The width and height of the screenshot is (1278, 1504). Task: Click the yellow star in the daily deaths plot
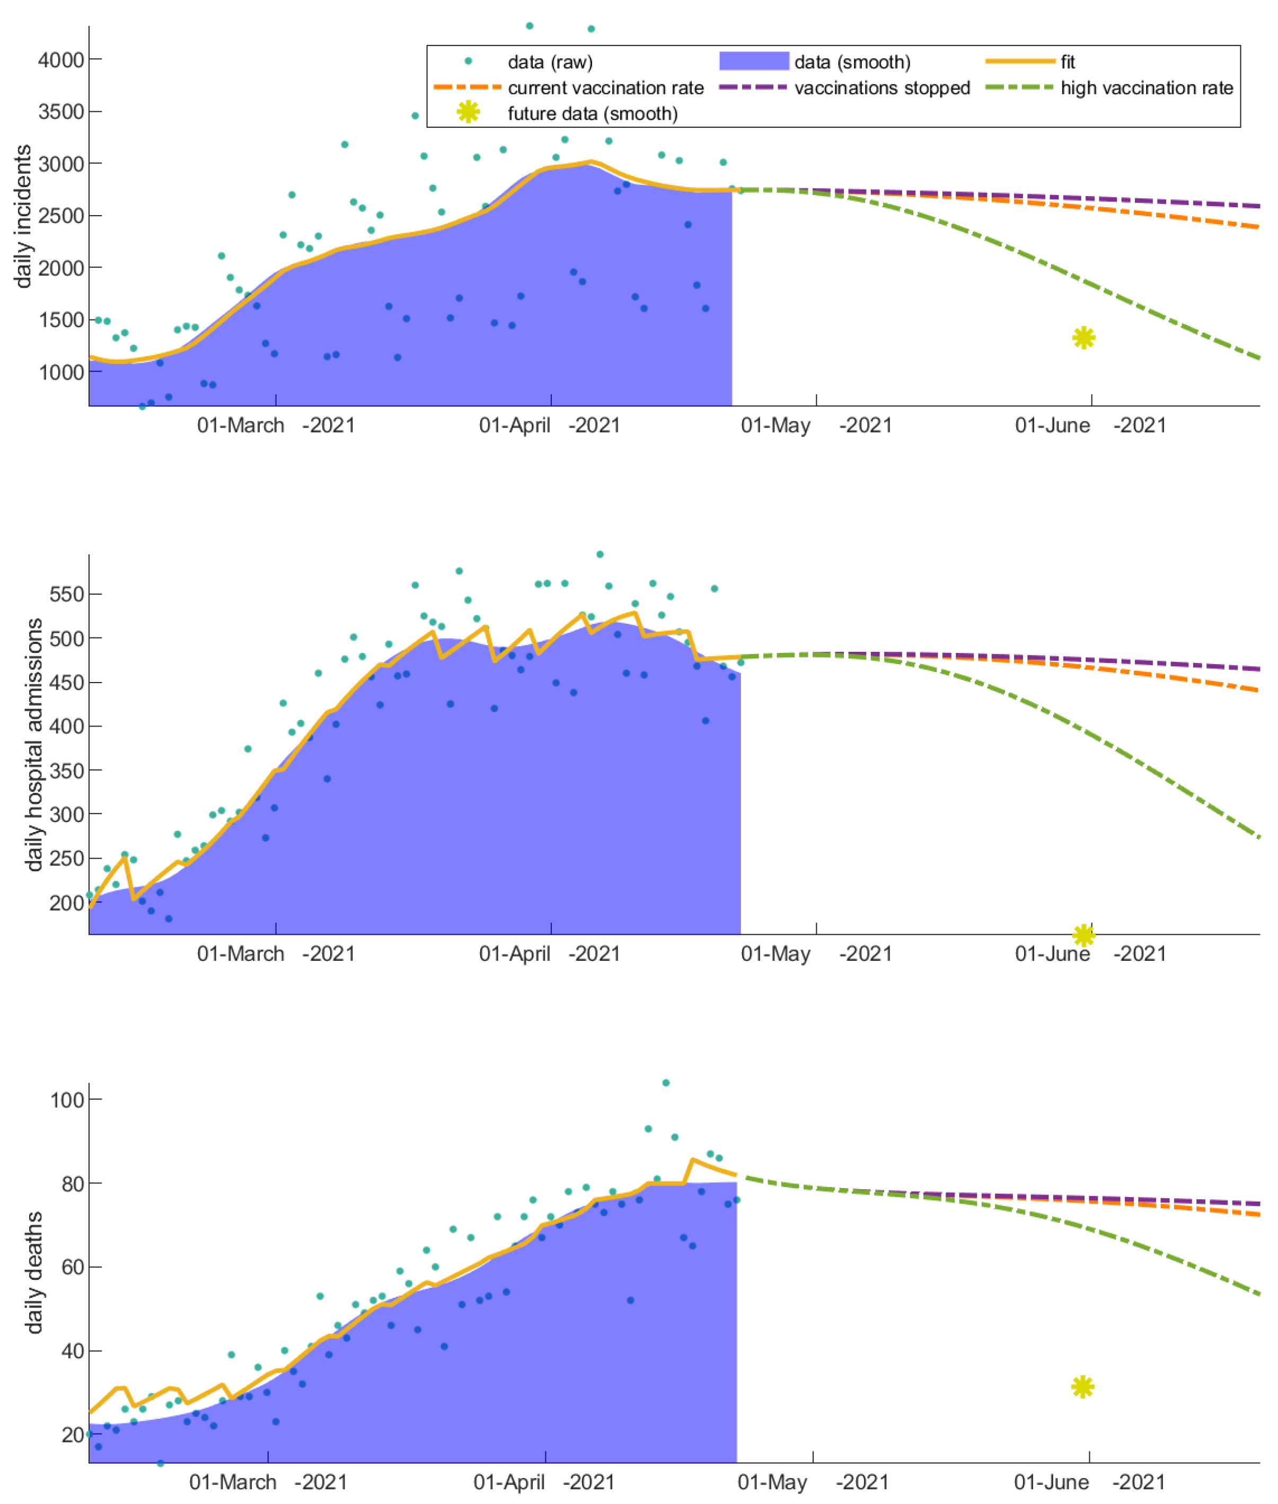1082,1387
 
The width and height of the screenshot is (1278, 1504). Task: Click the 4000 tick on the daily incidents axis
61,59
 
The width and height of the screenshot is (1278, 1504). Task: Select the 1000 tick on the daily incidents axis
61,372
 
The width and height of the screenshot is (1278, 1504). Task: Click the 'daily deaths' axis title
33,1272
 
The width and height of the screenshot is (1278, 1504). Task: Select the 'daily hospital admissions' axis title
33,745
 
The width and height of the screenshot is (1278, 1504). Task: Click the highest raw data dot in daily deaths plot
666,1083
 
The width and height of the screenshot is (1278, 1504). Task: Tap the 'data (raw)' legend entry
550,61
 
